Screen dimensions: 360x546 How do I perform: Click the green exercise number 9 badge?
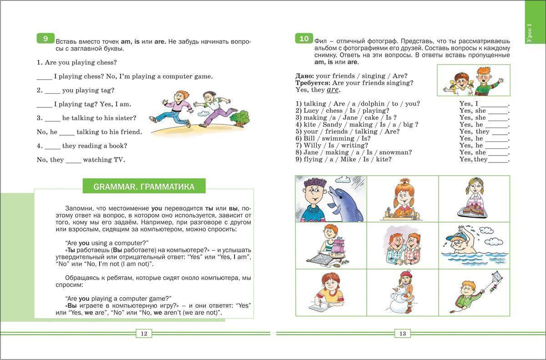(45, 39)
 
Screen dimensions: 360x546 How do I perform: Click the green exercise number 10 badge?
(303, 39)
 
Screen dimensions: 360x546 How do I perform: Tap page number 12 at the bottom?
(144, 334)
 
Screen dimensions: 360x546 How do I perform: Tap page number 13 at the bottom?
(402, 334)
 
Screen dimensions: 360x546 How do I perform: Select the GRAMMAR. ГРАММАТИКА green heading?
(143, 186)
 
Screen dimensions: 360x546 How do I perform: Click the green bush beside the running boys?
(239, 118)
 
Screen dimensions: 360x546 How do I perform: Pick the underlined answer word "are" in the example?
(333, 90)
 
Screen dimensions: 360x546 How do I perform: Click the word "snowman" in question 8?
(395, 152)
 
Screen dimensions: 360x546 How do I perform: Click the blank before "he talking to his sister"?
(52, 118)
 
